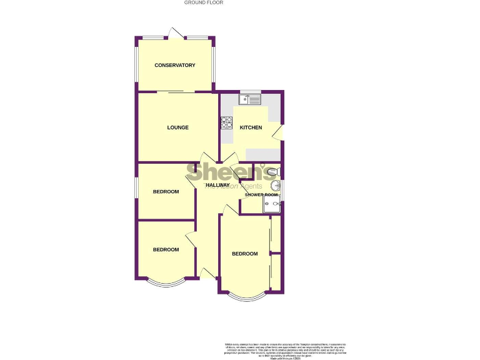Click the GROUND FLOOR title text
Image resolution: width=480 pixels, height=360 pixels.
[204, 2]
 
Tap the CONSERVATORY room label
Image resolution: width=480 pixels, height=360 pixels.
[175, 66]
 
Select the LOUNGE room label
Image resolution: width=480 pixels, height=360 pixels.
[177, 127]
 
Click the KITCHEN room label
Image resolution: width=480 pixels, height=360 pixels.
[251, 128]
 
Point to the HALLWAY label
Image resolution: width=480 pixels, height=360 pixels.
[217, 186]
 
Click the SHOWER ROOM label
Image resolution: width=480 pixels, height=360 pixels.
[261, 195]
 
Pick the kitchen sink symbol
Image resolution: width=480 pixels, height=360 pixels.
[250, 99]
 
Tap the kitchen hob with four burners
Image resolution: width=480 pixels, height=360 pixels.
[226, 123]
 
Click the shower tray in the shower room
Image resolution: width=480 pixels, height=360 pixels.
[272, 204]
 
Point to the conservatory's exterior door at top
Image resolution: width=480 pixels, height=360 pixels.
[176, 33]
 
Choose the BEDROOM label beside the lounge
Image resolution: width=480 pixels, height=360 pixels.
[166, 192]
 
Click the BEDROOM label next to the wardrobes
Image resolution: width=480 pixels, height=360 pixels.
[244, 254]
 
